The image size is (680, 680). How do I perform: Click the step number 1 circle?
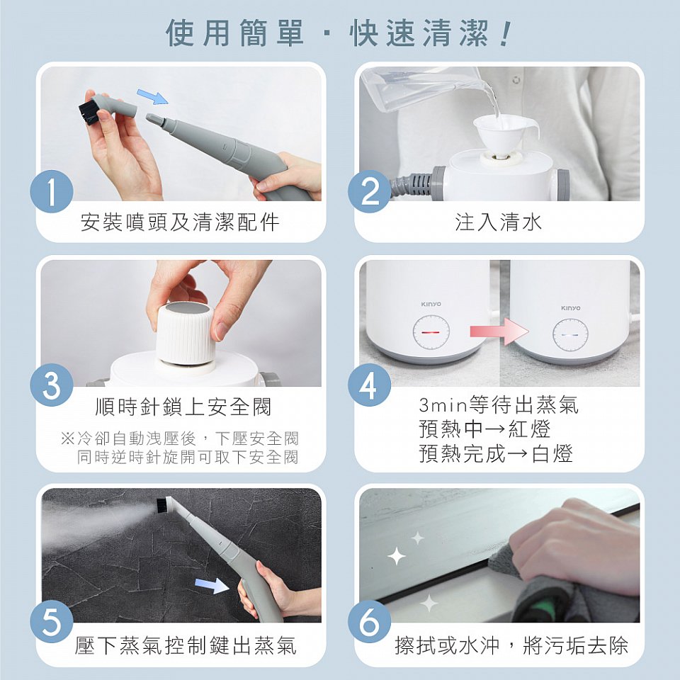point(52,192)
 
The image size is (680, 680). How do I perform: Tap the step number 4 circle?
point(368,387)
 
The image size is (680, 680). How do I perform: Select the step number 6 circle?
point(369,623)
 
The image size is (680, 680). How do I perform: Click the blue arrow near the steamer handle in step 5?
point(212,584)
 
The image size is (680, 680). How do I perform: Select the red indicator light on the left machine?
point(431,331)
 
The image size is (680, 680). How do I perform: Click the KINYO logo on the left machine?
point(431,304)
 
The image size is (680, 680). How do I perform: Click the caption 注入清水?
point(498,222)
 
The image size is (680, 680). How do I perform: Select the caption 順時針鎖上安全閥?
point(183,407)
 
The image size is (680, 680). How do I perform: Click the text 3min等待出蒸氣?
point(498,405)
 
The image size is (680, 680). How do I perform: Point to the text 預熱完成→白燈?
point(495,454)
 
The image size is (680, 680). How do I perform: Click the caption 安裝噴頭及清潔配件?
point(180,222)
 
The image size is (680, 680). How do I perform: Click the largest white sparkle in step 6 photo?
point(397,557)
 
